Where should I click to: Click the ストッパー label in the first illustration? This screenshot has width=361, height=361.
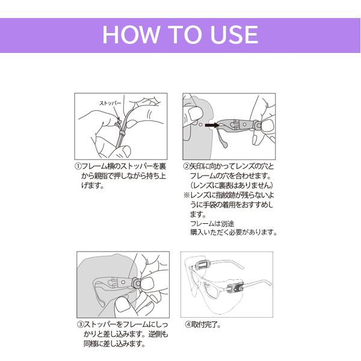pos(110,103)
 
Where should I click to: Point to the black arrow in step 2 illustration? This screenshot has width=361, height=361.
pos(212,125)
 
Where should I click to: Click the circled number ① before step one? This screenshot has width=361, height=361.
pos(78,166)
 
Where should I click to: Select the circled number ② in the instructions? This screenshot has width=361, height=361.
pos(187,166)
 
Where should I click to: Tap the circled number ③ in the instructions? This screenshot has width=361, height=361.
pos(81,325)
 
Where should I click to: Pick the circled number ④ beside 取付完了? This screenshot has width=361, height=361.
pos(188,325)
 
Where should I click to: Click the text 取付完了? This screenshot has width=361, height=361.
pos(206,325)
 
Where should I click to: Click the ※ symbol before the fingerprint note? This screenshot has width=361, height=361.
pos(187,196)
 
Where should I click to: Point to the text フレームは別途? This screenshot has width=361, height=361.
pos(212,223)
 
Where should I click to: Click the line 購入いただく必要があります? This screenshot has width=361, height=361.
pos(233,232)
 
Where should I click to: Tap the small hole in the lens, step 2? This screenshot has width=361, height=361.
pos(200,125)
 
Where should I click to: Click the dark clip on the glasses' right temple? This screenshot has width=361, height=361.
pos(235,288)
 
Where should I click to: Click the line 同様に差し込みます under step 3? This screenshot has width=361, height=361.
pos(114,344)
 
